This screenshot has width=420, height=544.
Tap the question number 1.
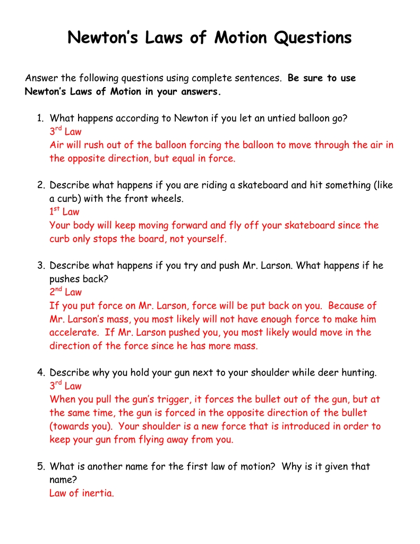click(x=40, y=118)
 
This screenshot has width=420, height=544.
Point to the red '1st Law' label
click(x=64, y=212)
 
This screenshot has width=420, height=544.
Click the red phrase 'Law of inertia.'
click(x=82, y=493)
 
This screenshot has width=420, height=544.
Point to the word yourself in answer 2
click(x=204, y=239)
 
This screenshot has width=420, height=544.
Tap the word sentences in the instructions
click(x=257, y=79)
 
